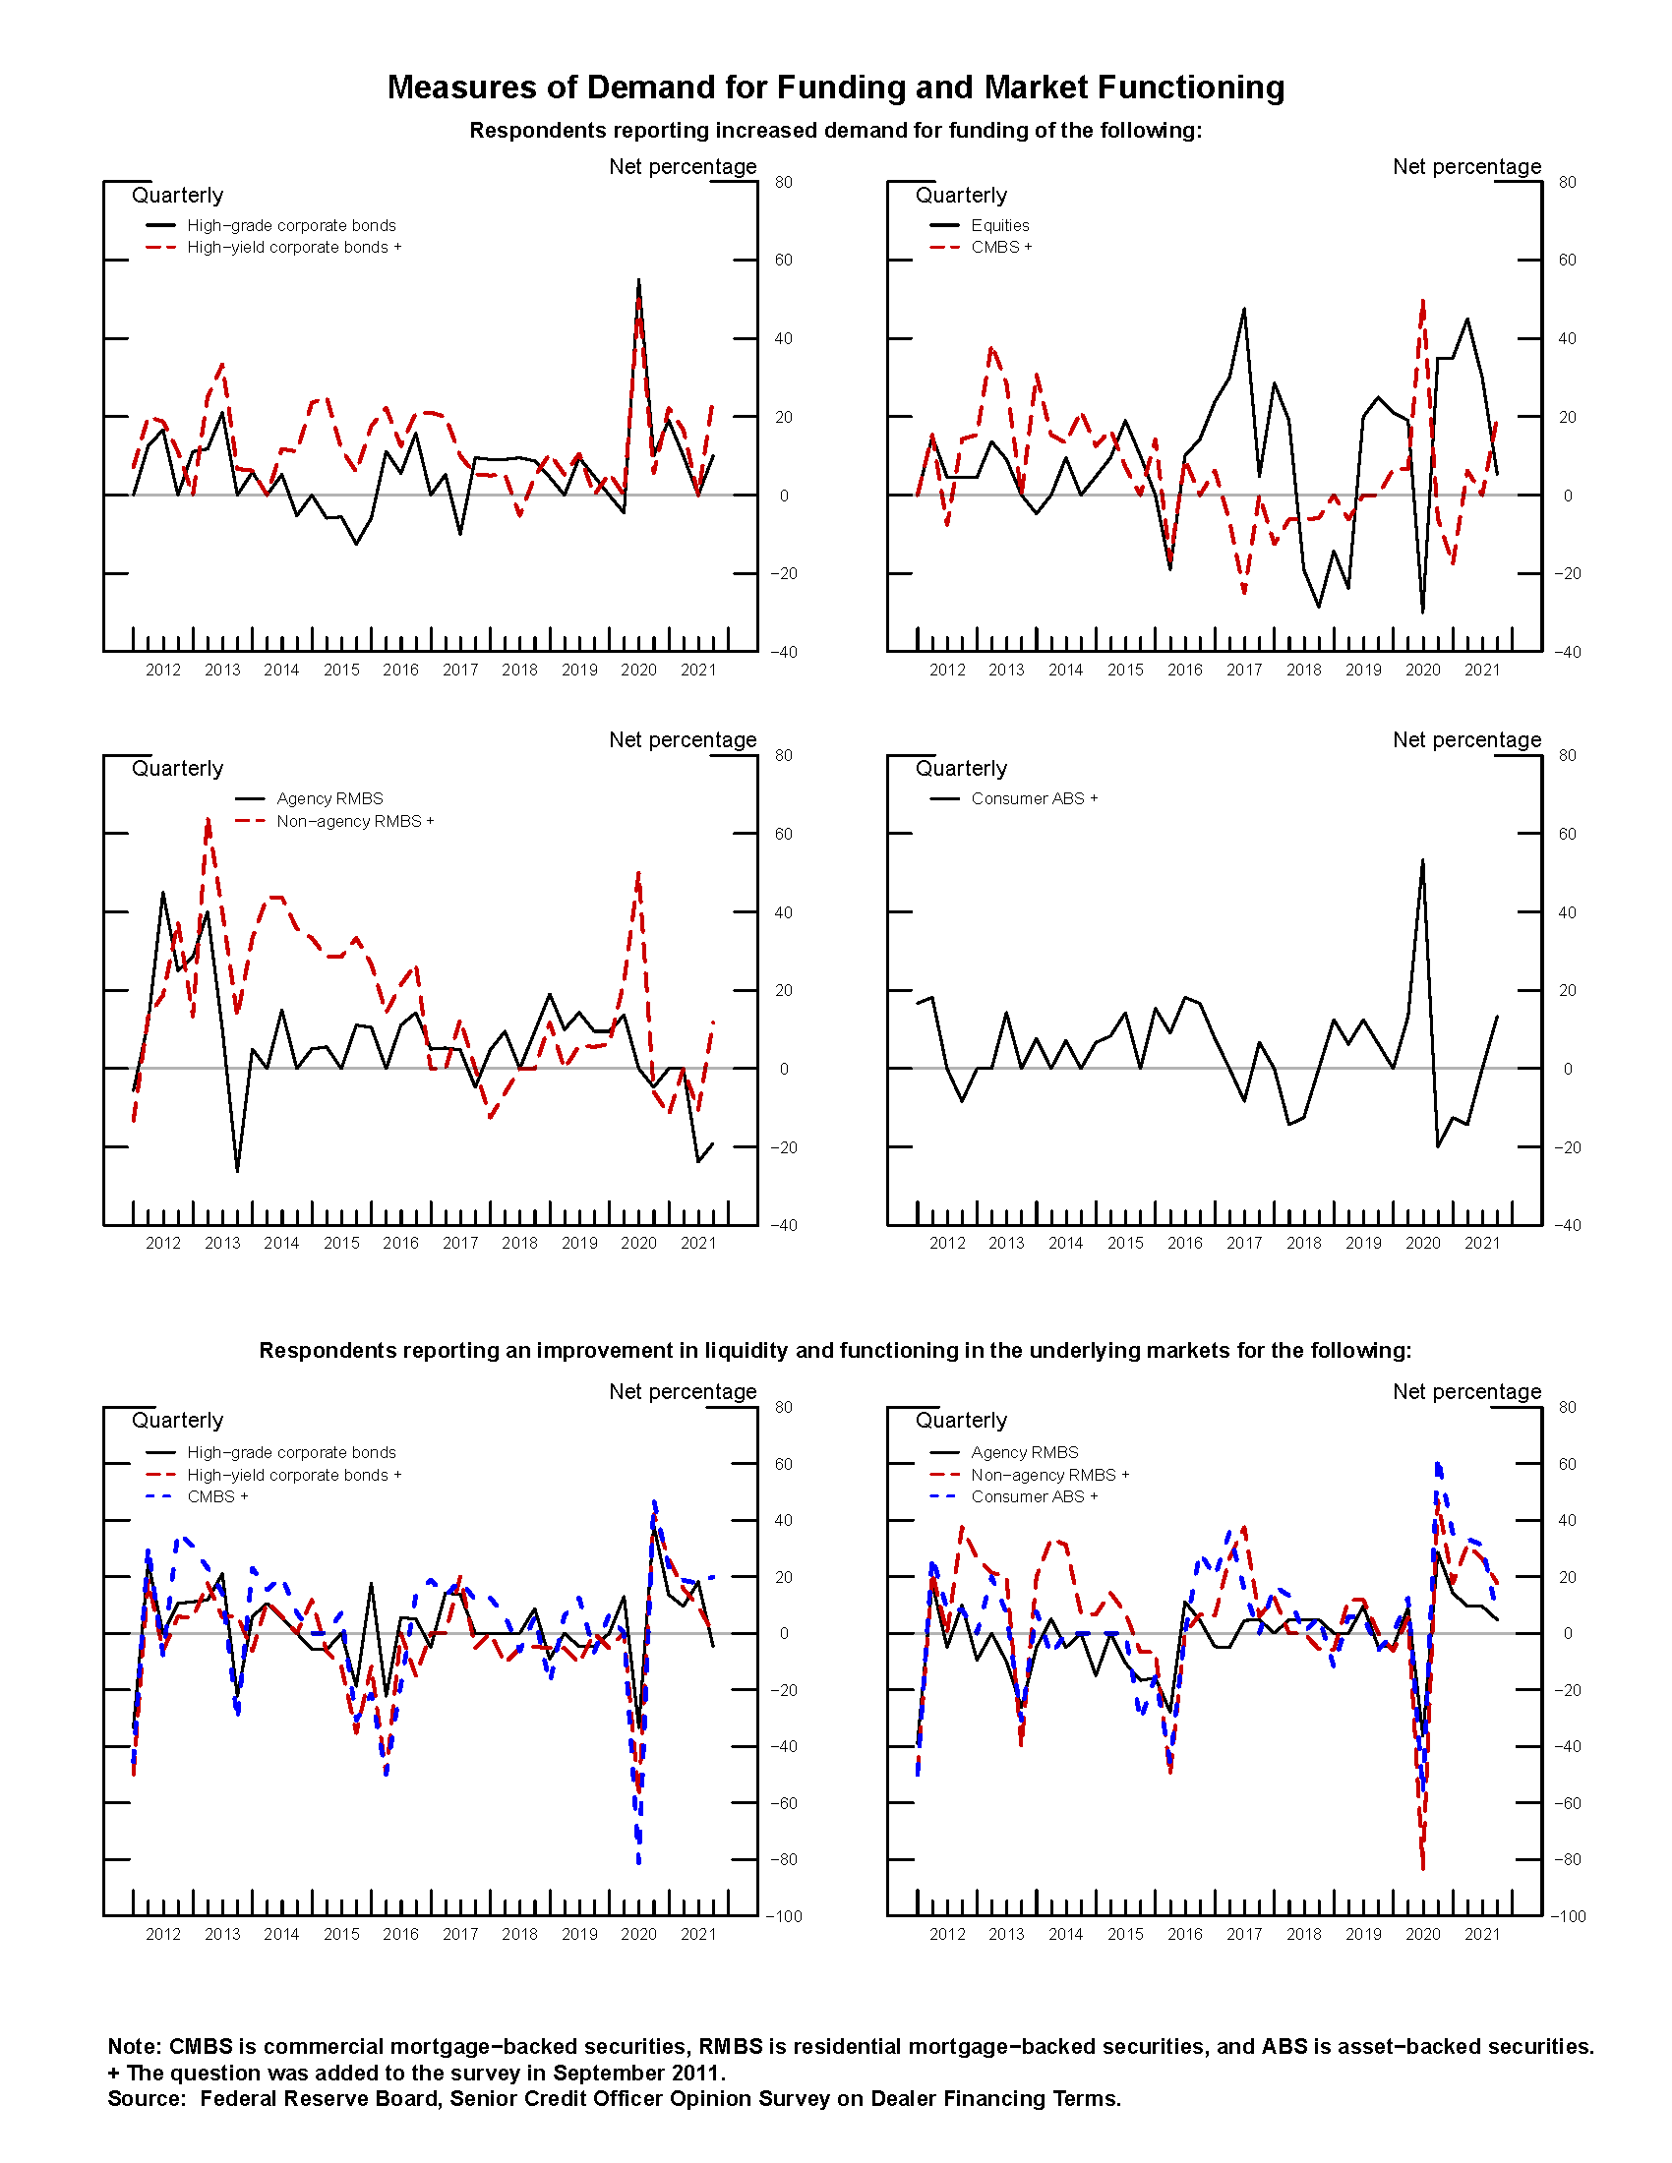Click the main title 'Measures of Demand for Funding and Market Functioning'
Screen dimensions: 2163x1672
coord(835,88)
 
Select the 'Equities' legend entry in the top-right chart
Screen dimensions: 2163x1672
coord(999,226)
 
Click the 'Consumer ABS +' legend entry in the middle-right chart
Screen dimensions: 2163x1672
coord(1033,798)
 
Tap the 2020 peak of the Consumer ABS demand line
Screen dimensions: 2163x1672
coord(1422,860)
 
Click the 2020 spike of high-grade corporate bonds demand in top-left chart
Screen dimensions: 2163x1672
coord(639,281)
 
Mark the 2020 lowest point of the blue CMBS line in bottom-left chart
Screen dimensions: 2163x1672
coord(639,1862)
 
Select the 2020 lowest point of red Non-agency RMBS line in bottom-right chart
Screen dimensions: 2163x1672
coord(1423,1868)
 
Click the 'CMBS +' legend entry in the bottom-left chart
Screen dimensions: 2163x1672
coord(217,1496)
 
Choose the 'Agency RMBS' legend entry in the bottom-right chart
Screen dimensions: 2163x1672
coord(1024,1452)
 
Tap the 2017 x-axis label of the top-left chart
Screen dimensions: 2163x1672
coord(459,671)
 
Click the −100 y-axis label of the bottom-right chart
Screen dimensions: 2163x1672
coord(1567,1916)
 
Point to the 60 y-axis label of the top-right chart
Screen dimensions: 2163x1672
coord(1567,261)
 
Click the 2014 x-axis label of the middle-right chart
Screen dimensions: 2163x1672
coord(1065,1243)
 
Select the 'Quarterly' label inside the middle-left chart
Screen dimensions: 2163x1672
coord(177,769)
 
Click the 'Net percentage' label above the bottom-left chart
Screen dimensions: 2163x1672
coord(683,1391)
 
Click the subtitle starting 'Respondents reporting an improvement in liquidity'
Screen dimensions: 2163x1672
coord(835,1351)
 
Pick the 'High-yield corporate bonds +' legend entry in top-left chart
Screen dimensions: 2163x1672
coord(293,248)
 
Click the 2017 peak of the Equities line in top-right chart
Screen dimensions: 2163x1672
coord(1244,309)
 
